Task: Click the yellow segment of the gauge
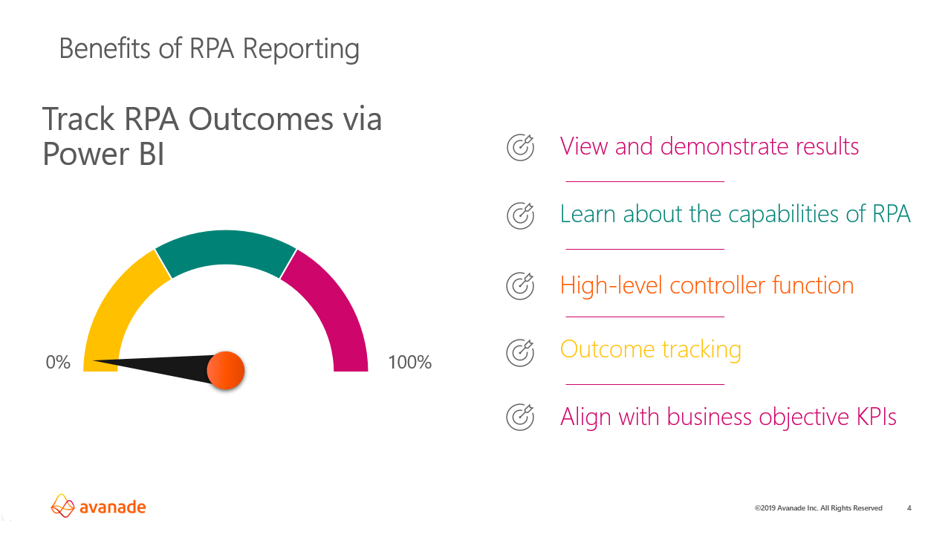click(119, 312)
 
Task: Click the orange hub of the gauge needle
click(225, 370)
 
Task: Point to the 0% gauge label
click(58, 363)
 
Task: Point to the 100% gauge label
click(409, 363)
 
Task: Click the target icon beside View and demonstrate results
click(520, 147)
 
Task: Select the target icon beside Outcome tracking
click(520, 351)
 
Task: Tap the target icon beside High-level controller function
click(520, 286)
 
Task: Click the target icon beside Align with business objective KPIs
click(520, 417)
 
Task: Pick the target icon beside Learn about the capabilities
click(520, 215)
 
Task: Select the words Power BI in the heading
click(103, 154)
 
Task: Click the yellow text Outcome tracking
click(650, 350)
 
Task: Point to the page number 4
click(909, 508)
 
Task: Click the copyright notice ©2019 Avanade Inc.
click(818, 508)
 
